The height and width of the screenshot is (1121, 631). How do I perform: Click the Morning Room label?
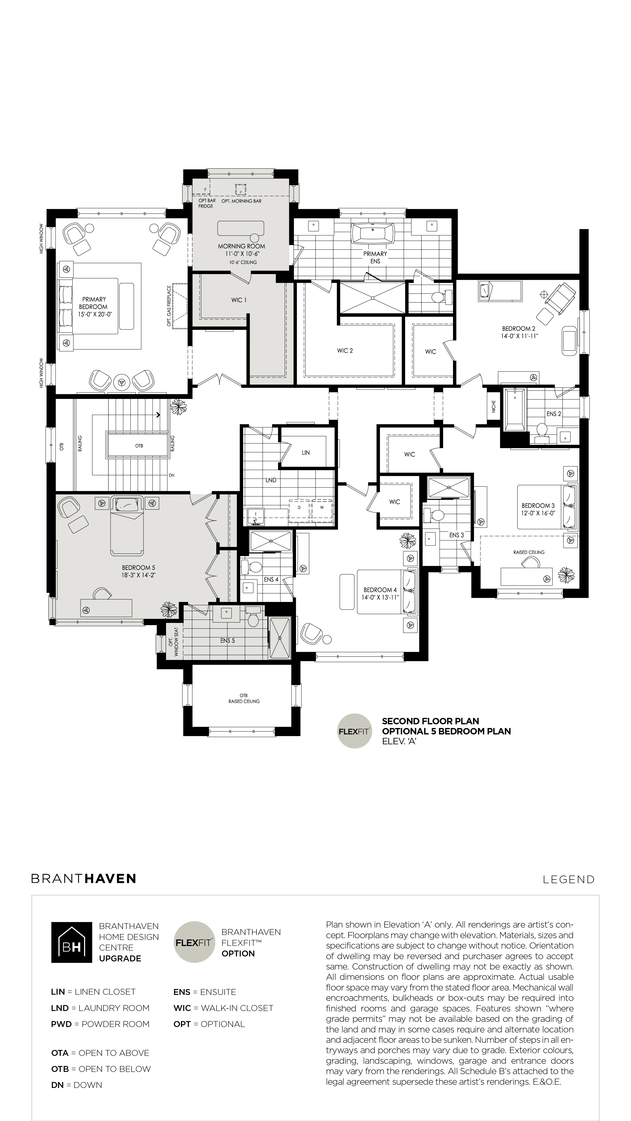click(241, 246)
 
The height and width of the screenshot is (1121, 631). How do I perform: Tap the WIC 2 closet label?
click(345, 351)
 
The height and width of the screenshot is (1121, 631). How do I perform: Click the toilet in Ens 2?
click(541, 430)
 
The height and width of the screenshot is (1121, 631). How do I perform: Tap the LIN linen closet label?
click(306, 453)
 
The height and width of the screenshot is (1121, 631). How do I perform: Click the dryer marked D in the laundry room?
click(299, 510)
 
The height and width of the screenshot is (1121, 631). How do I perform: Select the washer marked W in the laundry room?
click(322, 510)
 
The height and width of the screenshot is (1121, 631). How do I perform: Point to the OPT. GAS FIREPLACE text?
click(169, 306)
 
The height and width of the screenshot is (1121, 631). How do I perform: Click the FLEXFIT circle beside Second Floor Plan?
click(355, 731)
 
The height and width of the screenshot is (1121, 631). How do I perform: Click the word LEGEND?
click(569, 879)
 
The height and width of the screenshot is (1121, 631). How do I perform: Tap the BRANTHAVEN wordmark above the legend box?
click(84, 878)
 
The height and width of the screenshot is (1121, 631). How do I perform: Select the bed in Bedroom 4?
click(387, 592)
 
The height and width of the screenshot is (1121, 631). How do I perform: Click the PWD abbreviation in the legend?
click(61, 1024)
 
